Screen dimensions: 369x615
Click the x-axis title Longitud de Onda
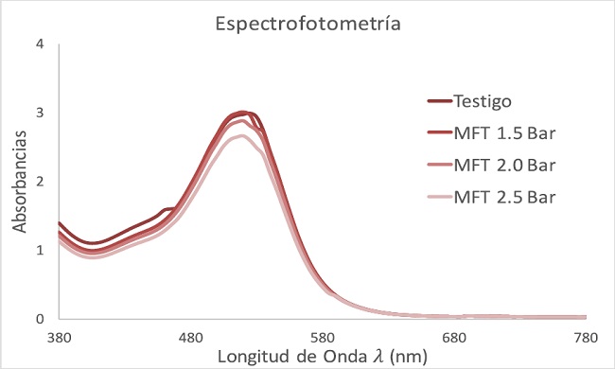pos(322,356)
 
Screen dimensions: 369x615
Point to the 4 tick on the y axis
pos(40,44)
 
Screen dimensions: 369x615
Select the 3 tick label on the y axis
pos(40,113)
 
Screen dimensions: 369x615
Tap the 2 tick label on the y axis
pos(40,182)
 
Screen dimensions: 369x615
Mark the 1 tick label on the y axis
pos(40,250)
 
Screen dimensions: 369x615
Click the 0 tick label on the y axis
pos(40,319)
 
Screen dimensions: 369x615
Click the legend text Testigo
pos(484,101)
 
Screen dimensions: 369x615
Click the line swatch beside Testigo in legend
pos(436,101)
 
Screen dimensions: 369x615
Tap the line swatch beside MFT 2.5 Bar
pos(436,198)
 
